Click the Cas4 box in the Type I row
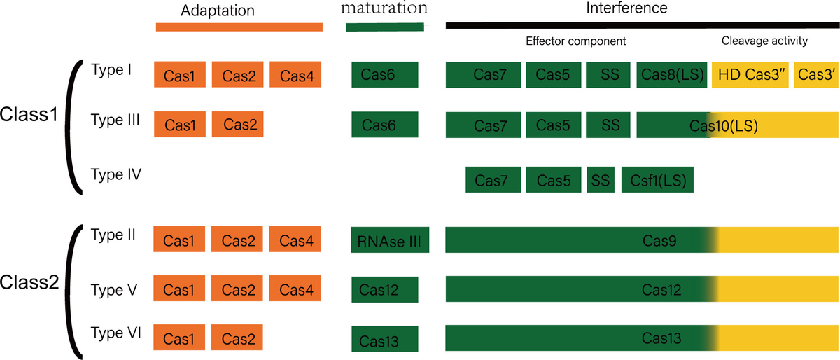(x=295, y=76)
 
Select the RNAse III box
(x=388, y=242)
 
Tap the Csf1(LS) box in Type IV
(x=657, y=180)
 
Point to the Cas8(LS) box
(x=671, y=76)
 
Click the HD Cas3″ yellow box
(x=750, y=76)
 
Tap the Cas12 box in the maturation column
(x=384, y=289)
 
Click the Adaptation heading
(x=217, y=11)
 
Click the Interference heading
(x=626, y=9)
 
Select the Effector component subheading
(x=576, y=41)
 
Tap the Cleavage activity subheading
(x=764, y=41)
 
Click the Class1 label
(x=29, y=114)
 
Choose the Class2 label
(x=29, y=283)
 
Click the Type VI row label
(x=116, y=333)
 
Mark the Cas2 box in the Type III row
(x=239, y=125)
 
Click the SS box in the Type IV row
(x=600, y=180)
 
